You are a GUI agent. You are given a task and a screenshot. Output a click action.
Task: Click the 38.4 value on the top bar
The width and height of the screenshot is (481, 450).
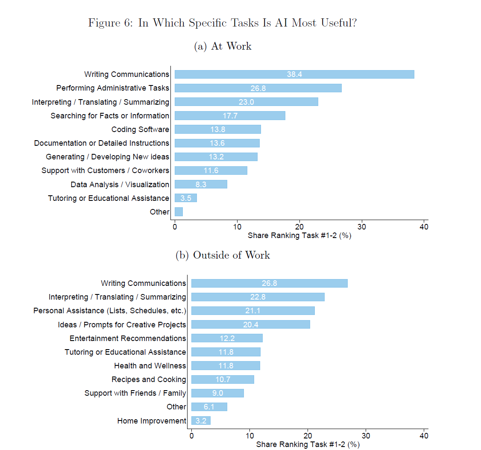tap(294, 74)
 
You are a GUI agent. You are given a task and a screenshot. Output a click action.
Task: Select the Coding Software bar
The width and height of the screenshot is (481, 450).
tap(217, 129)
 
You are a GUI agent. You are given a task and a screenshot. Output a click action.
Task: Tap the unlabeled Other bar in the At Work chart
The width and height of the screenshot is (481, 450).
tap(179, 212)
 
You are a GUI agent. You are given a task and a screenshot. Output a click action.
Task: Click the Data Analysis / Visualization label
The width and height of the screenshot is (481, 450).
tap(120, 185)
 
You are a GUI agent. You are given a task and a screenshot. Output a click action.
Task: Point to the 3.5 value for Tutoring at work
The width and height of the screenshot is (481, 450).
tap(186, 198)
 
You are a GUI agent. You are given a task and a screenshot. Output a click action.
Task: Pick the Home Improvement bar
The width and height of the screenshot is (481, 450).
tap(201, 421)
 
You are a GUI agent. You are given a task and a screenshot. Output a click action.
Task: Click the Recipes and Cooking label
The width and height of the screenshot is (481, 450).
tap(149, 379)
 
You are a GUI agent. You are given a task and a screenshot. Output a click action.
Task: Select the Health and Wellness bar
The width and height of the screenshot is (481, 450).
tap(226, 366)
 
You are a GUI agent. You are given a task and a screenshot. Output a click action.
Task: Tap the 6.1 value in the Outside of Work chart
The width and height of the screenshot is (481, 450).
tap(209, 407)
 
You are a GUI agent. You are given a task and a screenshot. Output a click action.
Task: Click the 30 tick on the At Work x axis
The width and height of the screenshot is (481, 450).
tap(362, 226)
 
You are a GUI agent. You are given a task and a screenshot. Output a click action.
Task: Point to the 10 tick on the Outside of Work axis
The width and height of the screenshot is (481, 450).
tap(249, 435)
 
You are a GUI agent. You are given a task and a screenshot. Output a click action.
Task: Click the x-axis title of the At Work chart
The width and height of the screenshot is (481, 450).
tap(299, 235)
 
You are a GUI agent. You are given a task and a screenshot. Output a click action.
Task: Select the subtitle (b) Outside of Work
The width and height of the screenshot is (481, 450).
tap(223, 256)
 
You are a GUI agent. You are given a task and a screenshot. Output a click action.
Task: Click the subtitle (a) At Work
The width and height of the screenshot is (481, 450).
tap(223, 46)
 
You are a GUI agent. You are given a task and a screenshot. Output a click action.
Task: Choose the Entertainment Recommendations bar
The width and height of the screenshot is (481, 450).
tap(227, 338)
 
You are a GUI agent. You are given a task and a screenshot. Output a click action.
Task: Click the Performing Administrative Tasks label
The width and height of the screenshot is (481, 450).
tap(113, 88)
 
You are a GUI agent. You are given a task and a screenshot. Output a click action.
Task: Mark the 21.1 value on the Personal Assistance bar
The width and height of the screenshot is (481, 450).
tap(253, 311)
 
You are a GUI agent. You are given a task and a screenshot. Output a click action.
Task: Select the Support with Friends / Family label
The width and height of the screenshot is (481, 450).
tap(135, 393)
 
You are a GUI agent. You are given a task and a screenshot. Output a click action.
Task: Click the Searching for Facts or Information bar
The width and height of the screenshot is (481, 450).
tap(230, 116)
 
